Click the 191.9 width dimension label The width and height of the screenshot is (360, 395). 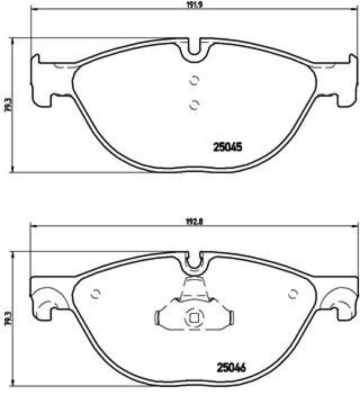(x=194, y=5)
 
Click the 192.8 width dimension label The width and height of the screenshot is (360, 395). (x=194, y=222)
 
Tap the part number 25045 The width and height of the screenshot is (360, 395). (x=227, y=147)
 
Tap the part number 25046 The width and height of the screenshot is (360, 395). (x=231, y=367)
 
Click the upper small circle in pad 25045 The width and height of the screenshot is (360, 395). (x=194, y=80)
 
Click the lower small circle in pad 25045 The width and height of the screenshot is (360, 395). (x=194, y=105)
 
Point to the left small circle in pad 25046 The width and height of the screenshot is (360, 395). (x=95, y=294)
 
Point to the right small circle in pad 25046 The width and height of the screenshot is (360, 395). (x=293, y=294)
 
